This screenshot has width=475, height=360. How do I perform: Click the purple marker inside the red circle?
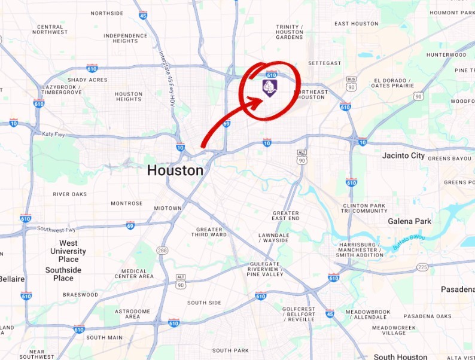269,88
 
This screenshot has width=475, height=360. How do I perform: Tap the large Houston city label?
175,170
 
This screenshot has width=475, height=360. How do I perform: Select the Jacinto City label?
403,156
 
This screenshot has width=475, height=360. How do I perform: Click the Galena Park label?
409,221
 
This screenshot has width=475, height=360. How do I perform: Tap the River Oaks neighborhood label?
70,194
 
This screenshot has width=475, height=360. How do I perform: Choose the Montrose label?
126,203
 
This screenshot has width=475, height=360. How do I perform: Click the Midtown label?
168,208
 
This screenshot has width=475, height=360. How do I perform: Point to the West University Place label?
68,251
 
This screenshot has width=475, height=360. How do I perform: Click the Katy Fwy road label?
53,134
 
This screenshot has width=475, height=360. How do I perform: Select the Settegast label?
324,63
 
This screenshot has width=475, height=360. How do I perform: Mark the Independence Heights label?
125,38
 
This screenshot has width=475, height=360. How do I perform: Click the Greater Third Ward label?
209,232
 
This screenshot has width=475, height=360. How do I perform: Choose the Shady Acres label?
87,80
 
